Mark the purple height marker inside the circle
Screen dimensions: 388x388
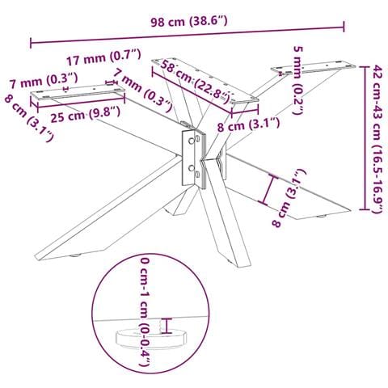(168, 326)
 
